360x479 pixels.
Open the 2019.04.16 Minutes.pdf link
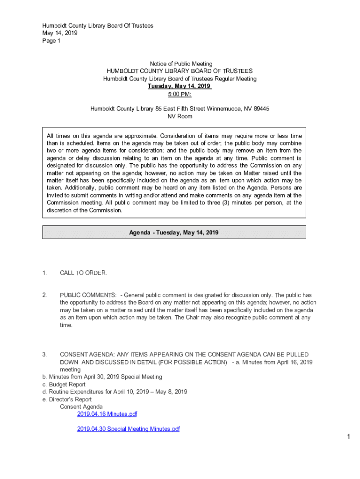tap(107, 414)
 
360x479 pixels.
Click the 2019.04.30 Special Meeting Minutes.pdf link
tap(128, 429)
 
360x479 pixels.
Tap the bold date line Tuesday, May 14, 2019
tap(180, 86)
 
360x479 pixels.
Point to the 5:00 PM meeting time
tap(180, 94)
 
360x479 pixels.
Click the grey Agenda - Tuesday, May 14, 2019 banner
tap(174, 232)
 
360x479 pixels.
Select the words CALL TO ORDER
tap(83, 273)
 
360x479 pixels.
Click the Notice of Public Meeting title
tap(181, 64)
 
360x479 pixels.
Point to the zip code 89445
tap(261, 109)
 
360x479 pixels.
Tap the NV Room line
tap(180, 116)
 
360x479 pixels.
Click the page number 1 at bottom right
tap(348, 437)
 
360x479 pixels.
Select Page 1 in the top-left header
tap(51, 41)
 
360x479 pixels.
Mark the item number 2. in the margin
tap(44, 295)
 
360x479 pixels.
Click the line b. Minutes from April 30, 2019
tap(102, 377)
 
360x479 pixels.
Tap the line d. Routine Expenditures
tap(115, 392)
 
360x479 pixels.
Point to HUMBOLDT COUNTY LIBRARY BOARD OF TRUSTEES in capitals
tap(180, 71)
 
